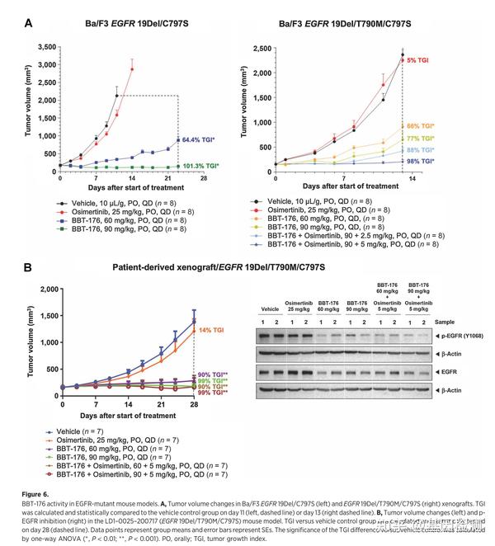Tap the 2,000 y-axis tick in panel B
tap(45, 289)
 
